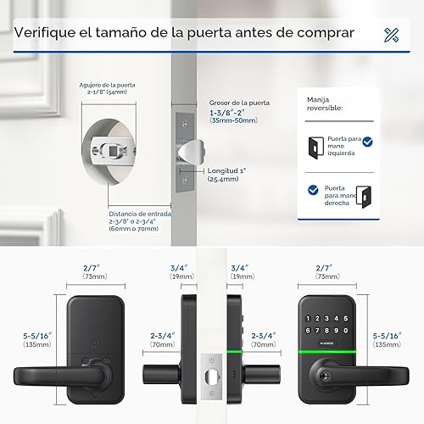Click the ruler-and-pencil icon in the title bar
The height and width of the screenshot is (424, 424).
tap(391, 35)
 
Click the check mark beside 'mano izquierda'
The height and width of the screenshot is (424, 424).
tap(367, 144)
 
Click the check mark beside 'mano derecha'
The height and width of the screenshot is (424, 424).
tap(314, 190)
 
